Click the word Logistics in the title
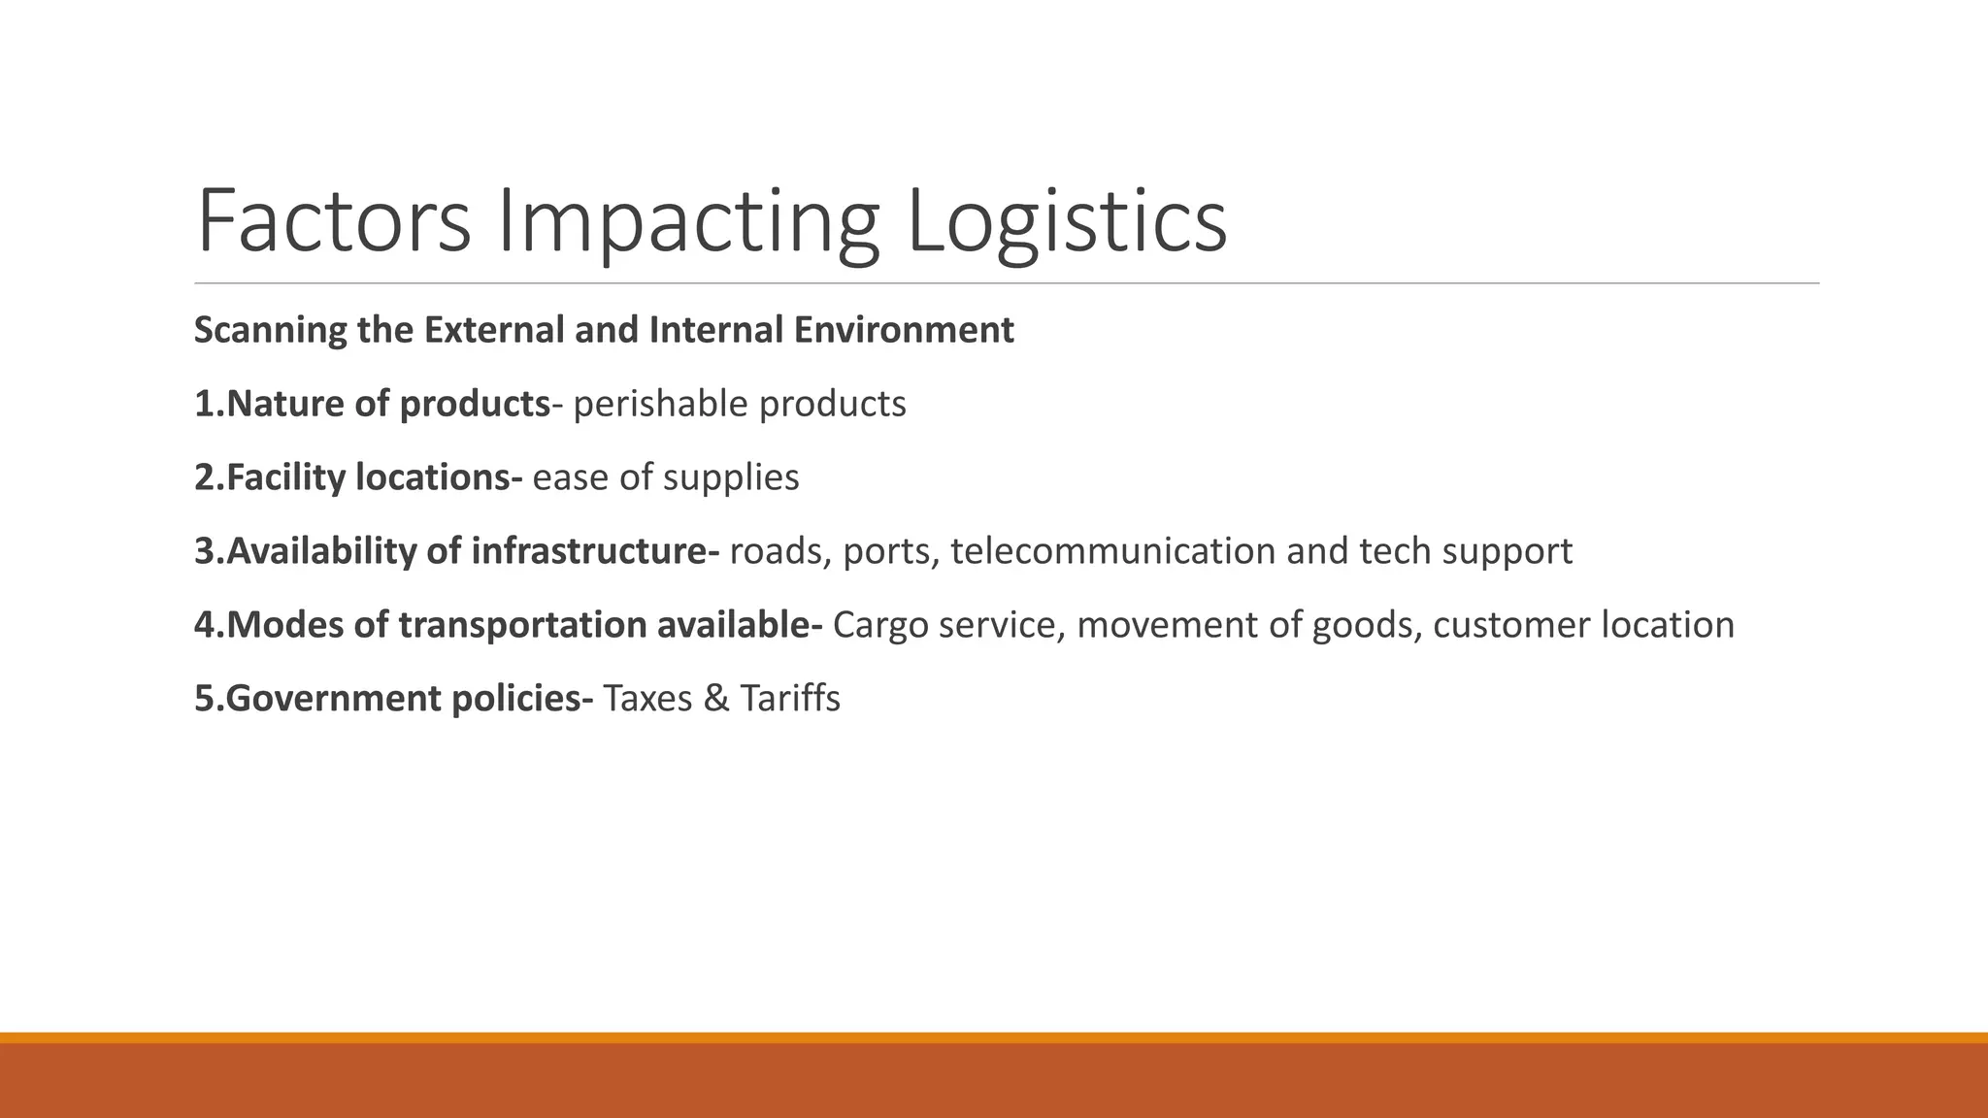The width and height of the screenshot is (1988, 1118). (x=1066, y=223)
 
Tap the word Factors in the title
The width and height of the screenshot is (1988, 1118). (x=333, y=223)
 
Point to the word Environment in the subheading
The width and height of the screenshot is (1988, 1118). (x=904, y=331)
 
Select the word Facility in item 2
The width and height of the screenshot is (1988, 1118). (x=285, y=478)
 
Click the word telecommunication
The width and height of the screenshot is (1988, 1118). (x=1112, y=552)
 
